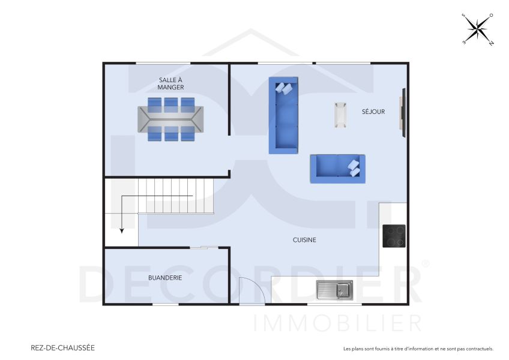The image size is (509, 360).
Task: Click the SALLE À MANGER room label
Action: [x=171, y=83]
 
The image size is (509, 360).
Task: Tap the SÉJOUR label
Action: [x=373, y=112]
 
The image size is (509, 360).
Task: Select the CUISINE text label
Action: [x=304, y=240]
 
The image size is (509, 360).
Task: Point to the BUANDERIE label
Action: [x=165, y=278]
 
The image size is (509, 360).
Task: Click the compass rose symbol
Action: [x=478, y=29]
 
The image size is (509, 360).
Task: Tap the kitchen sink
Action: [x=335, y=290]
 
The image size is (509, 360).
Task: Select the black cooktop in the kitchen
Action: [x=394, y=236]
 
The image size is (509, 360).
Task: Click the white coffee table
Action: [x=340, y=115]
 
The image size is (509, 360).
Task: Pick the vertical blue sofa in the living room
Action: [x=283, y=115]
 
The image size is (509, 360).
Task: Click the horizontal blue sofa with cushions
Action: [x=337, y=168]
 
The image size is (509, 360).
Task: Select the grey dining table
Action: [x=170, y=119]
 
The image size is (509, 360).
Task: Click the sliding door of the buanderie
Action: [x=204, y=247]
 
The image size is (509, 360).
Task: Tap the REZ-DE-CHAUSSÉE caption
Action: [x=62, y=347]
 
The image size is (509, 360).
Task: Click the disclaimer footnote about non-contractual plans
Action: [x=418, y=349]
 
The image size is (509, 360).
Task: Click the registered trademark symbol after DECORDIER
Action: [x=426, y=263]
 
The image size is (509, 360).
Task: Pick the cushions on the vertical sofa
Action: [x=283, y=88]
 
